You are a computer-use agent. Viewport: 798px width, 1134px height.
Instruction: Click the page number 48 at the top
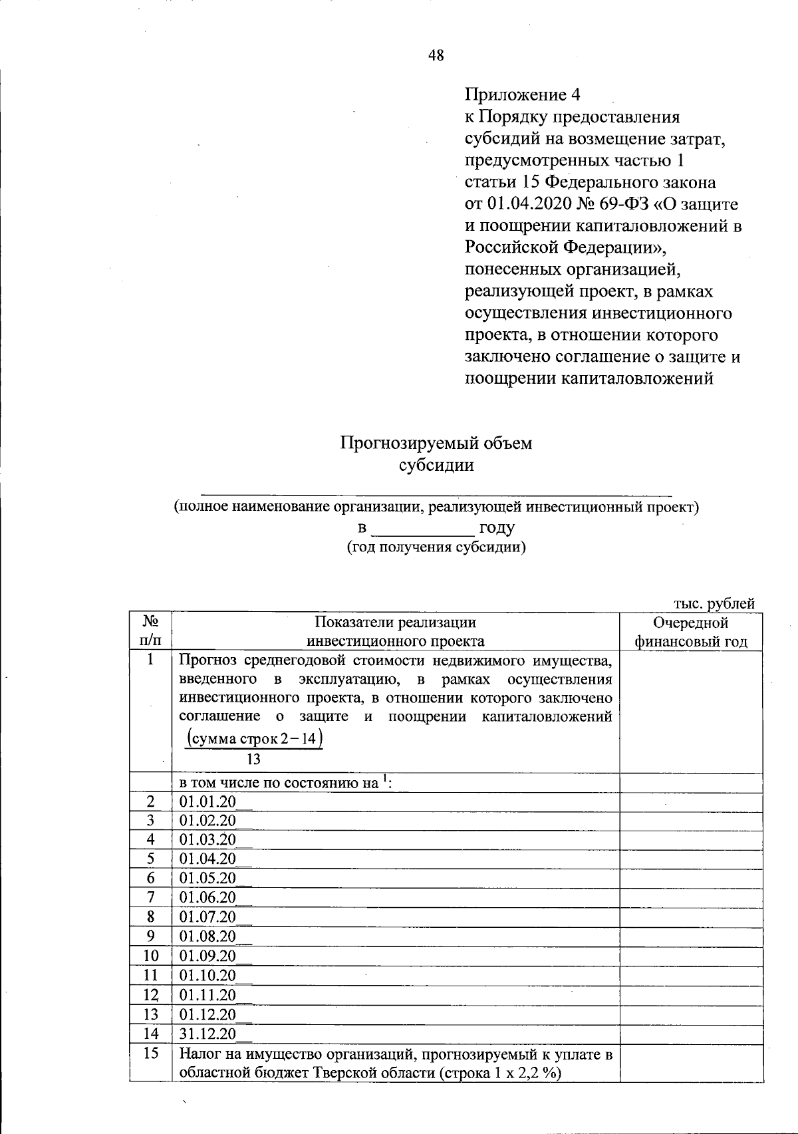(x=436, y=56)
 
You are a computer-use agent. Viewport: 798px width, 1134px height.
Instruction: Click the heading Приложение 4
(x=518, y=94)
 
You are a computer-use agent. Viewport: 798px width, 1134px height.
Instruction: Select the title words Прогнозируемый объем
(x=436, y=443)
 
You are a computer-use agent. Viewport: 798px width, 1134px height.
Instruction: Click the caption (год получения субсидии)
(x=436, y=547)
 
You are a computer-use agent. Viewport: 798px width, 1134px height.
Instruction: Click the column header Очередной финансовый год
(x=691, y=632)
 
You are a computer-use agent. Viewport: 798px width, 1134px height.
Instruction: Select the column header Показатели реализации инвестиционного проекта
(x=395, y=632)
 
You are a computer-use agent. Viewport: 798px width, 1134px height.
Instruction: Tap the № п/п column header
(x=150, y=632)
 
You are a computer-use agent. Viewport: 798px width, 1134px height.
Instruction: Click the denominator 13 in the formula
(x=253, y=760)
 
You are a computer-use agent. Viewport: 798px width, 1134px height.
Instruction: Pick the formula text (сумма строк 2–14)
(x=255, y=739)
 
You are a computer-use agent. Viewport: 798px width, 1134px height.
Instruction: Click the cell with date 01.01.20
(x=207, y=803)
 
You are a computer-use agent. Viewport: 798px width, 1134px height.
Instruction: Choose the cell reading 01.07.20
(x=207, y=917)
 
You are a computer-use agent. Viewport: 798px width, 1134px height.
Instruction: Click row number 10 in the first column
(x=151, y=956)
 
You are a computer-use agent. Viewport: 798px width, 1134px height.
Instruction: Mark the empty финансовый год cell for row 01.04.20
(x=691, y=859)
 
